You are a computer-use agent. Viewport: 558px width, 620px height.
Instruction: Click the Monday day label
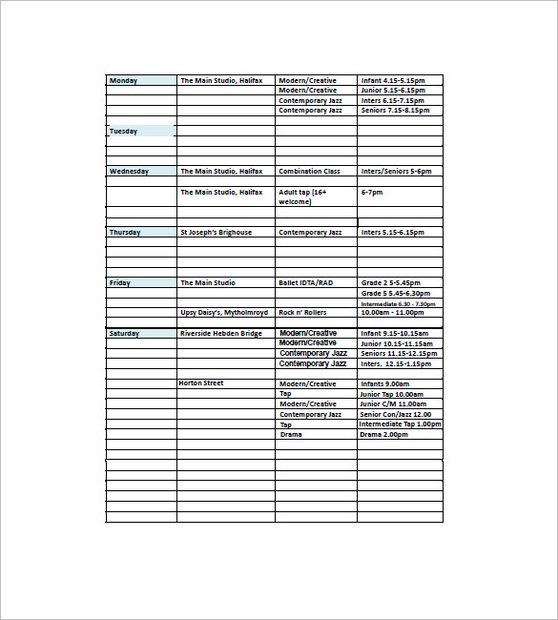pyautogui.click(x=124, y=81)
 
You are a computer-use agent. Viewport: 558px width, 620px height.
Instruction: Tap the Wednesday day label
pyautogui.click(x=130, y=172)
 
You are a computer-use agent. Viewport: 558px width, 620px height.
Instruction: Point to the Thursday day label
pyautogui.click(x=125, y=233)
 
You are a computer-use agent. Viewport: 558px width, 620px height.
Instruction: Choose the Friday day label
pyautogui.click(x=120, y=283)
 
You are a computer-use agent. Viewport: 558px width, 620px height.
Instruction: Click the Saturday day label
pyautogui.click(x=125, y=334)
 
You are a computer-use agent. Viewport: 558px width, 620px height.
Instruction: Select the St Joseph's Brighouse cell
pyautogui.click(x=217, y=233)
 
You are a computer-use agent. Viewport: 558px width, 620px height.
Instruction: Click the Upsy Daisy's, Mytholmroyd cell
pyautogui.click(x=222, y=313)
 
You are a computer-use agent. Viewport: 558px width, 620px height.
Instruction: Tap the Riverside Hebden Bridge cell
pyautogui.click(x=220, y=334)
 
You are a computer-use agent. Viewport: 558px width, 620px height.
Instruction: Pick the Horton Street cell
pyautogui.click(x=201, y=383)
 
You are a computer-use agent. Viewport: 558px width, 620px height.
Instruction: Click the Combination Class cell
pyautogui.click(x=309, y=172)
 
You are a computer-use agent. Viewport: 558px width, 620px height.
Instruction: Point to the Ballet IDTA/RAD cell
pyautogui.click(x=306, y=283)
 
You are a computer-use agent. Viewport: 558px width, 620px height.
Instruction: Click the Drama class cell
pyautogui.click(x=291, y=435)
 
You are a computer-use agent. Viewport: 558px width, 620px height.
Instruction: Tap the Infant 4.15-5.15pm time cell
pyautogui.click(x=393, y=81)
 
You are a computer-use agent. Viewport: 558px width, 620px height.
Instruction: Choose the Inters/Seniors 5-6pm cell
pyautogui.click(x=396, y=172)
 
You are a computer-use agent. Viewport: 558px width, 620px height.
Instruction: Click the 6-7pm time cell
pyautogui.click(x=372, y=193)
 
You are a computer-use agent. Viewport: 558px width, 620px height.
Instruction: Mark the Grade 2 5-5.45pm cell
pyautogui.click(x=390, y=283)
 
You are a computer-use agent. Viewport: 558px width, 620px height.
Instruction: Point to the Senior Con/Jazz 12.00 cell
pyautogui.click(x=396, y=415)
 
